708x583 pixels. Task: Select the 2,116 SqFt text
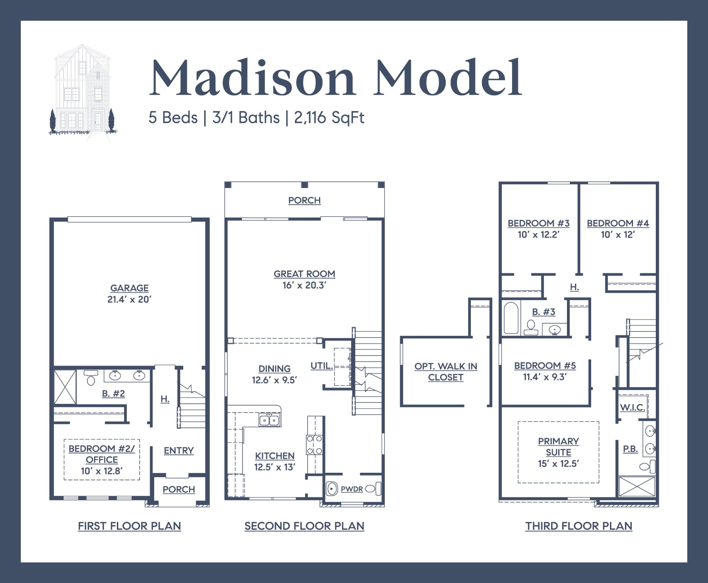pos(329,118)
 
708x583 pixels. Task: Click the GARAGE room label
pos(129,288)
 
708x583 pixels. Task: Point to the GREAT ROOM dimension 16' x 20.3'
pos(304,285)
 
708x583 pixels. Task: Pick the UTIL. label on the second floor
pos(322,366)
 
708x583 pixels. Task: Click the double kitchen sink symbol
pos(269,420)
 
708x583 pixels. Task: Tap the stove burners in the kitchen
pos(315,445)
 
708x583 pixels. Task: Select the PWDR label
pos(352,489)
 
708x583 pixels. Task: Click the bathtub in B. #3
pos(511,318)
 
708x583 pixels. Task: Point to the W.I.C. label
pos(632,407)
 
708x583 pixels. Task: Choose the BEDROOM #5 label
pos(545,366)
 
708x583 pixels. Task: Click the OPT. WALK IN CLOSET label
pos(446,372)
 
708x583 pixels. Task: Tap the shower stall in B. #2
pos(65,386)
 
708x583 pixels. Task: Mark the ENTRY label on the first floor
pos(179,451)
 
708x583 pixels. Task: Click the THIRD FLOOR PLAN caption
pos(579,526)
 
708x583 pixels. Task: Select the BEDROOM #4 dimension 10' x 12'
pos(618,235)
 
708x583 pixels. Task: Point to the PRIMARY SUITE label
pos(558,447)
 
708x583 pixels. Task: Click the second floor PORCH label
pos(304,200)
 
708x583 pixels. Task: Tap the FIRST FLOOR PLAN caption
pos(129,526)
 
